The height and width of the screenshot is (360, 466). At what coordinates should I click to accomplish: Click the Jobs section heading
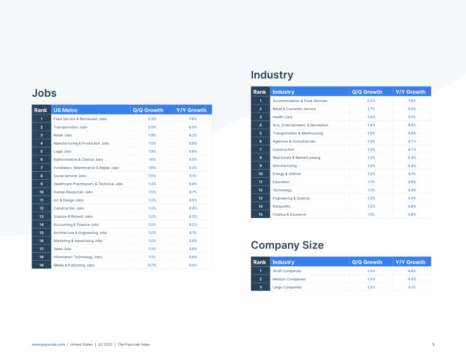click(44, 93)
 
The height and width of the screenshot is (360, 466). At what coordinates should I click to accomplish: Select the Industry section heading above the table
click(272, 75)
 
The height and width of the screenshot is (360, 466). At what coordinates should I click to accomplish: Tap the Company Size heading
click(287, 245)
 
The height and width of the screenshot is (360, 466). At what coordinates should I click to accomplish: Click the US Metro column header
click(65, 110)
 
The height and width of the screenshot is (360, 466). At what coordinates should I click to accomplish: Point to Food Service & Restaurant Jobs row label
click(80, 119)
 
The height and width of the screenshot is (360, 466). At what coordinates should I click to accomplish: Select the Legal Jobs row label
click(62, 151)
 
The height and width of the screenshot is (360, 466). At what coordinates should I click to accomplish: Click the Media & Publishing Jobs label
click(74, 265)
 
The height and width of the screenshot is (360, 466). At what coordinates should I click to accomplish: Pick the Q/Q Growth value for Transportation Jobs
click(152, 127)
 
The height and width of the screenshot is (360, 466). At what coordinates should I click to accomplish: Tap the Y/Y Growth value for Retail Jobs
click(193, 135)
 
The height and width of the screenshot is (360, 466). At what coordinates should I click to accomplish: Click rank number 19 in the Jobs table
click(42, 265)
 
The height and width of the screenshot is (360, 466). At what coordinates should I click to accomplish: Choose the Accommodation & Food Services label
click(300, 101)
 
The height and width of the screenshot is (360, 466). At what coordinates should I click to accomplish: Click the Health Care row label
click(282, 117)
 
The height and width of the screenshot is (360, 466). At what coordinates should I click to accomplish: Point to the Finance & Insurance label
click(289, 215)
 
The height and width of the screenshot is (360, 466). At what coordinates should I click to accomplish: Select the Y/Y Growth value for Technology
click(412, 190)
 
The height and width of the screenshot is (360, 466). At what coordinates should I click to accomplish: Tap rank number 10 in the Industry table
click(260, 174)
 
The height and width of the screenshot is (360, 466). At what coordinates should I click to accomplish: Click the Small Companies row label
click(287, 271)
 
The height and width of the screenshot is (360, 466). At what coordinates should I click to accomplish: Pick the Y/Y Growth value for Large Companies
click(412, 287)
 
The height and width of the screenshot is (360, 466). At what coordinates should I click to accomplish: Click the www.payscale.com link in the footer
click(48, 344)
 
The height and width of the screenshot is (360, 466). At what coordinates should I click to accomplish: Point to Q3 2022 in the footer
click(105, 344)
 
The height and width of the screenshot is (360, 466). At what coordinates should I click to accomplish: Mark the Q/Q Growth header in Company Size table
click(367, 262)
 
